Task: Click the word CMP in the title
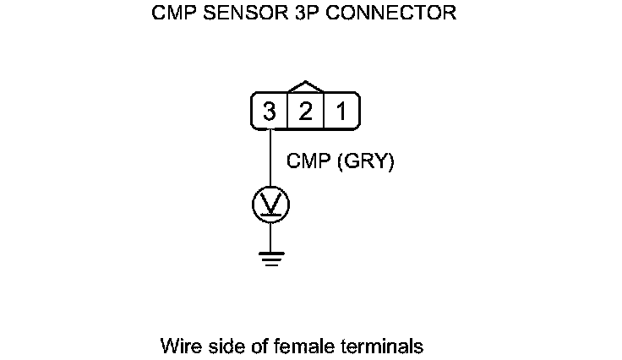click(x=171, y=14)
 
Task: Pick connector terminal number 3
click(x=269, y=112)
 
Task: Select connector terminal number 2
click(x=305, y=112)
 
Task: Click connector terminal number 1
click(x=341, y=112)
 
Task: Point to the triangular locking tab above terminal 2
click(x=305, y=87)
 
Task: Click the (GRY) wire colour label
click(x=366, y=162)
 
